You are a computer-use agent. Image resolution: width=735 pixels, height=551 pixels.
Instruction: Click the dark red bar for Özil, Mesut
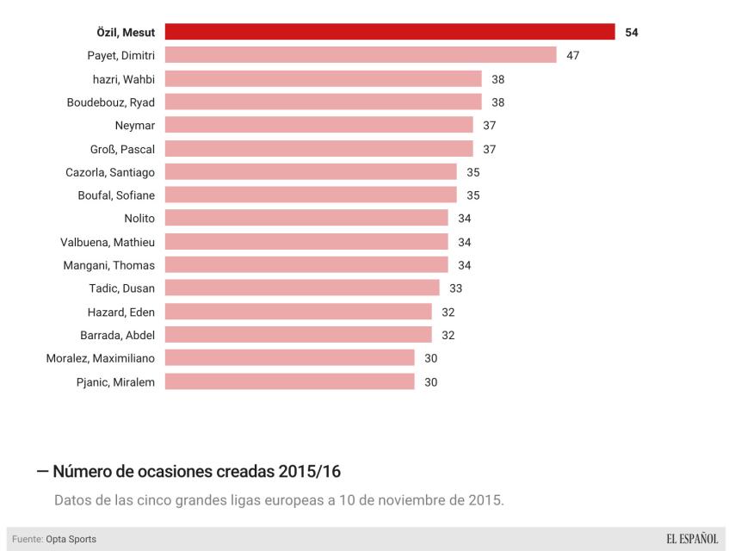(389, 32)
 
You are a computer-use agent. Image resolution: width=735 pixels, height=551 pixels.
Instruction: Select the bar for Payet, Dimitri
(361, 55)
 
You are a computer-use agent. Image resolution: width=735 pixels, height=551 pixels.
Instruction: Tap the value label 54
(632, 32)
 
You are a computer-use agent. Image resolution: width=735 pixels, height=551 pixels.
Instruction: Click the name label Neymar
(134, 126)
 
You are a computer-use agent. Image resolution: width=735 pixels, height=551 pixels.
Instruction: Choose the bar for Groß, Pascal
(318, 149)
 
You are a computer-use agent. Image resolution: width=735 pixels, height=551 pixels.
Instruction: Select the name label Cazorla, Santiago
(110, 172)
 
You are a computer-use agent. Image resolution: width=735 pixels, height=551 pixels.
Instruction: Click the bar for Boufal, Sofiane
(311, 195)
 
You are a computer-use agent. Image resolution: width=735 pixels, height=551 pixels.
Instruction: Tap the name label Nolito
(139, 219)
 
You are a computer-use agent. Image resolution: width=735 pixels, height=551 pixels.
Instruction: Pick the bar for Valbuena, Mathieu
(306, 242)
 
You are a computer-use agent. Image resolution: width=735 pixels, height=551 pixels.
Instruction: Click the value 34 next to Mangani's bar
(465, 265)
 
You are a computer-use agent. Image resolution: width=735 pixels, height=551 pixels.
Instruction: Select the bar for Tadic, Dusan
(302, 288)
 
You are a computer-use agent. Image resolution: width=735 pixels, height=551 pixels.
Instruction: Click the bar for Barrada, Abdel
(298, 335)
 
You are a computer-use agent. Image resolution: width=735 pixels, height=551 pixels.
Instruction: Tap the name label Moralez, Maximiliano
(101, 358)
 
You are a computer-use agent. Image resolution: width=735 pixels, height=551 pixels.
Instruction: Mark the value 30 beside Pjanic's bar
(431, 381)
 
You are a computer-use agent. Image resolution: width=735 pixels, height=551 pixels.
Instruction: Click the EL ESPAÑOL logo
(691, 539)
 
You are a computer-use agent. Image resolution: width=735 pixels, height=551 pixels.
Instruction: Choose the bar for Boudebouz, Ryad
(323, 102)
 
